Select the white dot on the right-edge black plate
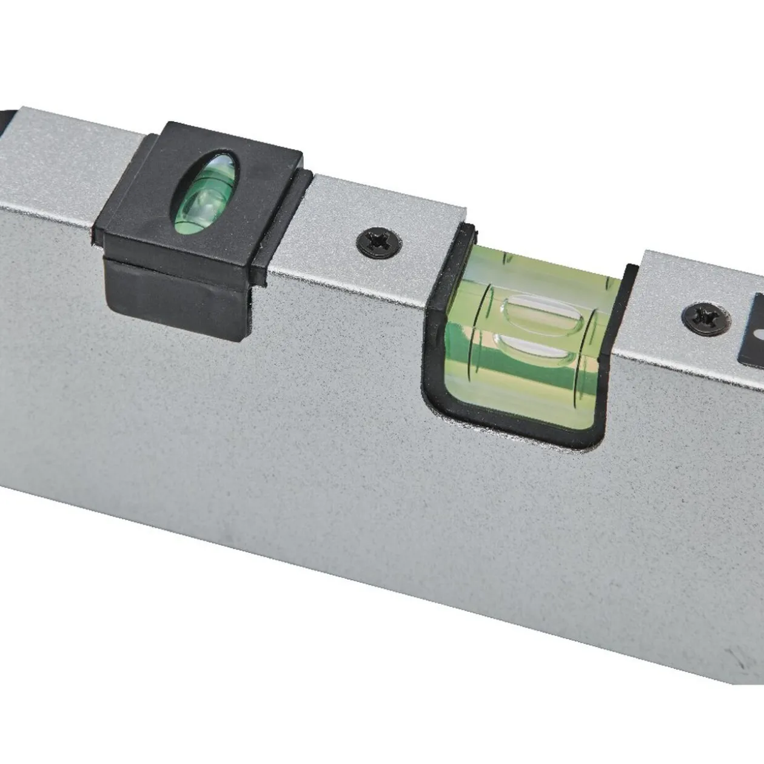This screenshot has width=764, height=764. (x=759, y=334)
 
